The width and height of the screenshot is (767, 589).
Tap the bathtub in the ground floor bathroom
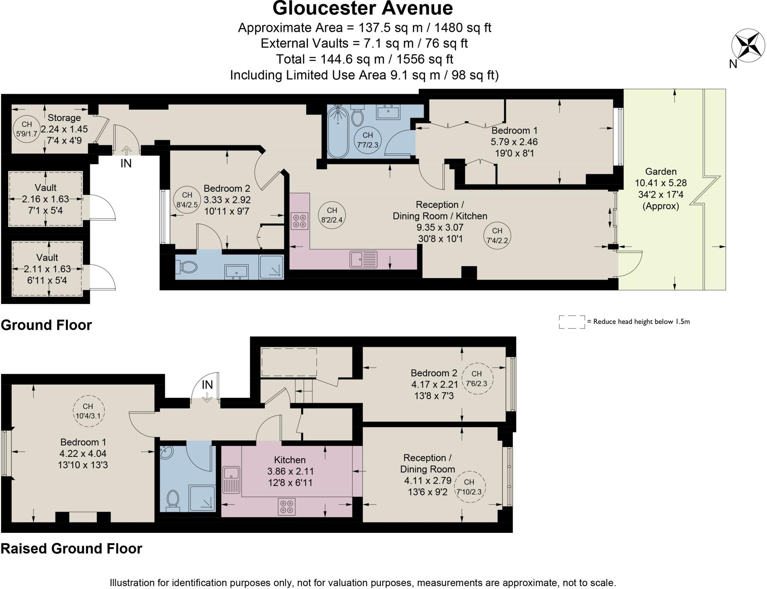pyautogui.click(x=338, y=131)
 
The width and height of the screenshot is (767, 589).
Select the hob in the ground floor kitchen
pyautogui.click(x=299, y=221)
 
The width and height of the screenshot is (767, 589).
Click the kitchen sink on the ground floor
pyautogui.click(x=363, y=259)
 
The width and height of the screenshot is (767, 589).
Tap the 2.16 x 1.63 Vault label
pyautogui.click(x=45, y=199)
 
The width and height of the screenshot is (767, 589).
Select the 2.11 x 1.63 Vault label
pyautogui.click(x=47, y=269)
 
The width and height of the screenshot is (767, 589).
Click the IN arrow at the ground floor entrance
pyautogui.click(x=126, y=151)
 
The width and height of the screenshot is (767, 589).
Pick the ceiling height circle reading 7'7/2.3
pyautogui.click(x=367, y=140)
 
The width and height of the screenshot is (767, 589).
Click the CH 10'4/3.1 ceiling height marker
pyautogui.click(x=88, y=411)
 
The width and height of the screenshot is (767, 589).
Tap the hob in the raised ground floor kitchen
pyautogui.click(x=287, y=506)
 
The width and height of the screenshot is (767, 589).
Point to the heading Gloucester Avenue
pyautogui.click(x=363, y=8)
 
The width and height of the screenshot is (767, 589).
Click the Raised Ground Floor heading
pyautogui.click(x=72, y=549)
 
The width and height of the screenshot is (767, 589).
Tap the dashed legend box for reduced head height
pyautogui.click(x=572, y=322)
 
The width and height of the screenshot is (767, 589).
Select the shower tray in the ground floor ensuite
pyautogui.click(x=271, y=267)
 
